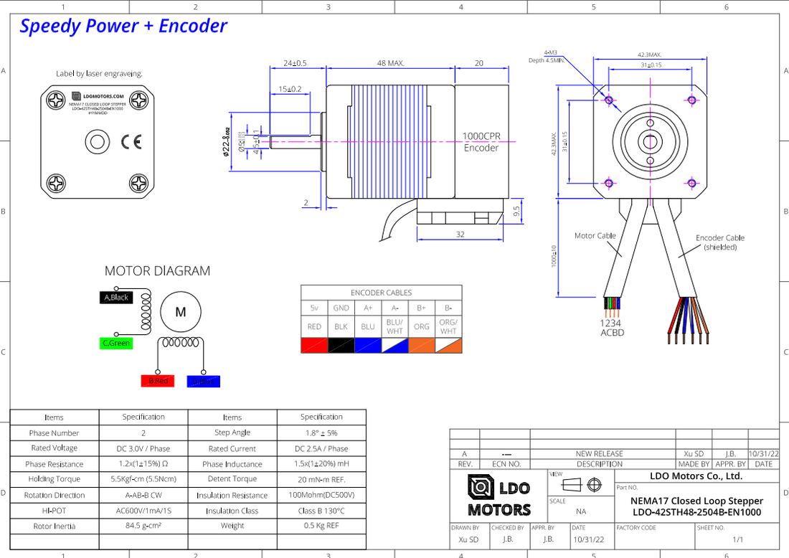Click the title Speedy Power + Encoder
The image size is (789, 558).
tap(123, 27)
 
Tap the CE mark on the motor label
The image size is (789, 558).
tap(131, 142)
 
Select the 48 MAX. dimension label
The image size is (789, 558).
tap(391, 63)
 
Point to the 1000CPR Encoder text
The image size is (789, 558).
tap(481, 142)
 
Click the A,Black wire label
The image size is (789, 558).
tap(115, 297)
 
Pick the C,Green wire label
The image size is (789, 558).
tap(116, 344)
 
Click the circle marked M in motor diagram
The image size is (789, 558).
tap(181, 312)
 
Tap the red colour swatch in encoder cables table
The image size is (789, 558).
tap(314, 345)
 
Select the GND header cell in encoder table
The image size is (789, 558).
tap(341, 308)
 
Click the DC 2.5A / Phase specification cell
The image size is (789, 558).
tap(321, 448)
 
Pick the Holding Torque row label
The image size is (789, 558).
tap(55, 479)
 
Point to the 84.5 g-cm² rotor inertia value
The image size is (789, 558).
tap(143, 526)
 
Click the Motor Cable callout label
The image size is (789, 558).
tap(595, 235)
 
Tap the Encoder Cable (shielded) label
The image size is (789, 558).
tap(719, 242)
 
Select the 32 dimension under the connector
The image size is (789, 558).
tap(460, 234)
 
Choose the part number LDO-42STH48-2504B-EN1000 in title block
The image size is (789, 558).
tap(696, 512)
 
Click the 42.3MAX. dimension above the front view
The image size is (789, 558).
tap(649, 55)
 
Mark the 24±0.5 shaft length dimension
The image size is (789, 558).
tap(294, 63)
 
